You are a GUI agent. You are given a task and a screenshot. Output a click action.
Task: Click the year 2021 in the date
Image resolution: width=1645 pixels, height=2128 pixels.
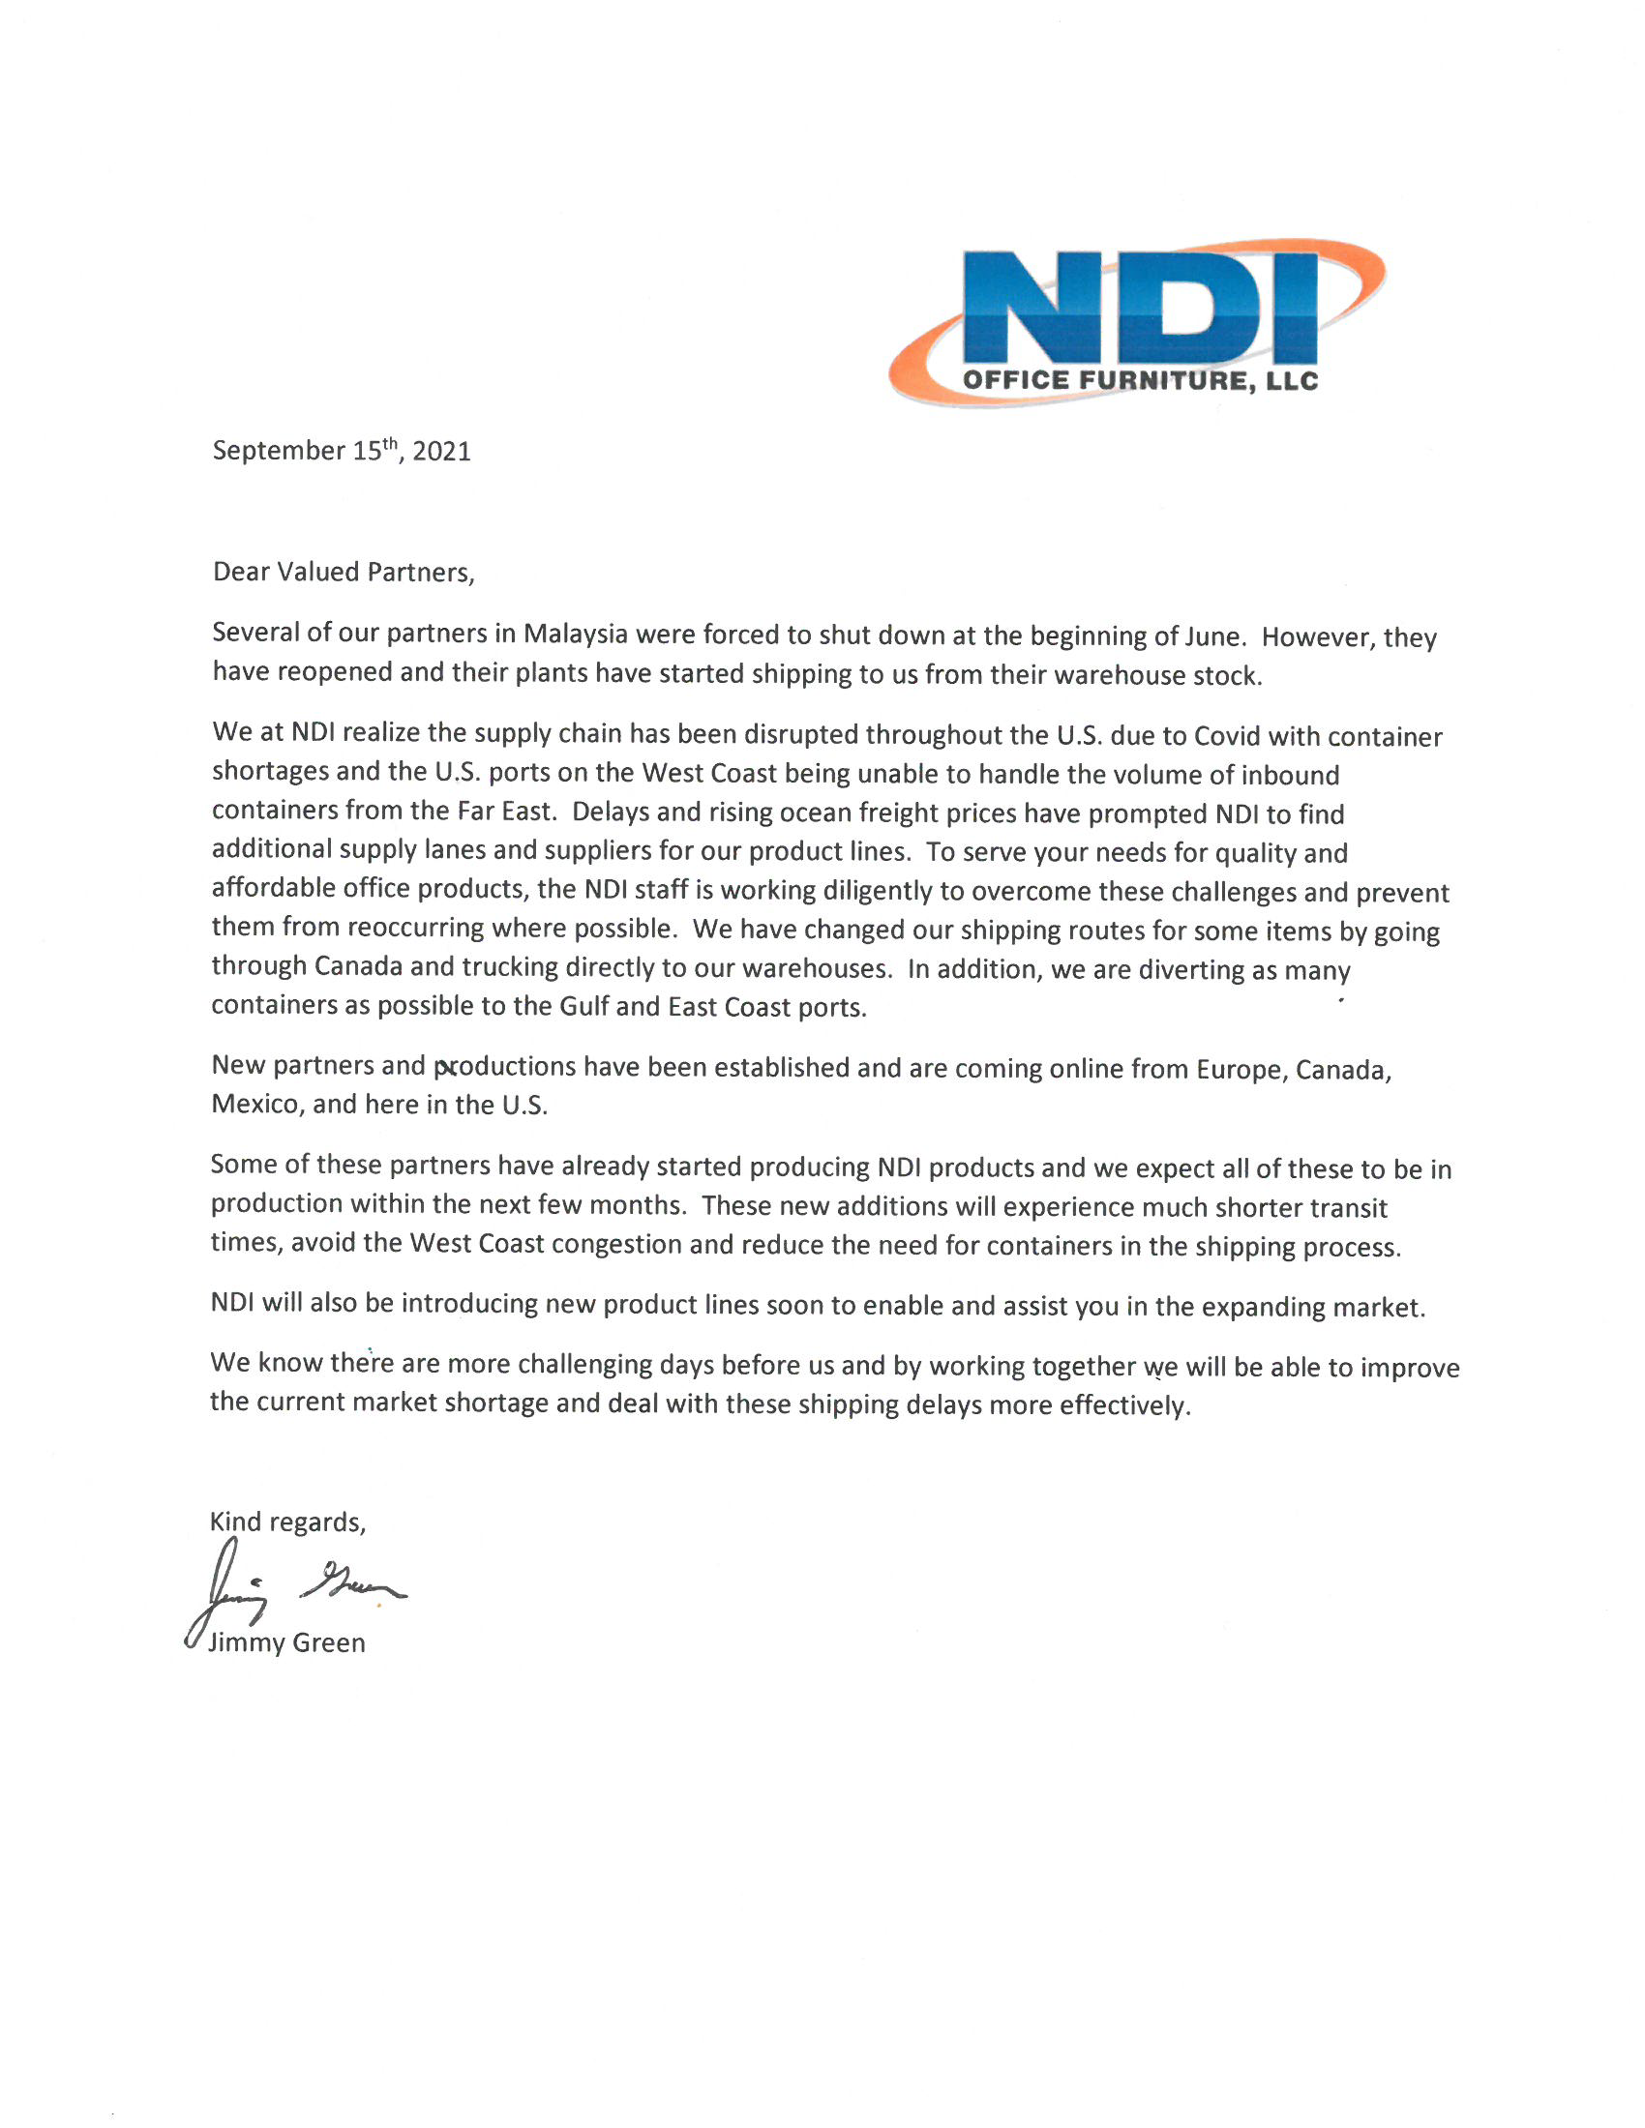point(441,451)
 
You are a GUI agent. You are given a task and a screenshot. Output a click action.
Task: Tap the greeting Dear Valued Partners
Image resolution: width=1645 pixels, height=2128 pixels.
point(344,572)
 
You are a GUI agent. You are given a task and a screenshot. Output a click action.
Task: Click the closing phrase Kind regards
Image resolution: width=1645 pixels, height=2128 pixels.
point(287,1522)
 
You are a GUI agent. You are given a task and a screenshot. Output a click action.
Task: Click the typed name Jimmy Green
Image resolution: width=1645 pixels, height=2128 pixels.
point(286,1642)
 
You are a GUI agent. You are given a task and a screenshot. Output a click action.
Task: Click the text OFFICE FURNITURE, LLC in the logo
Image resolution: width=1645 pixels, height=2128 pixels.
point(1140,381)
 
